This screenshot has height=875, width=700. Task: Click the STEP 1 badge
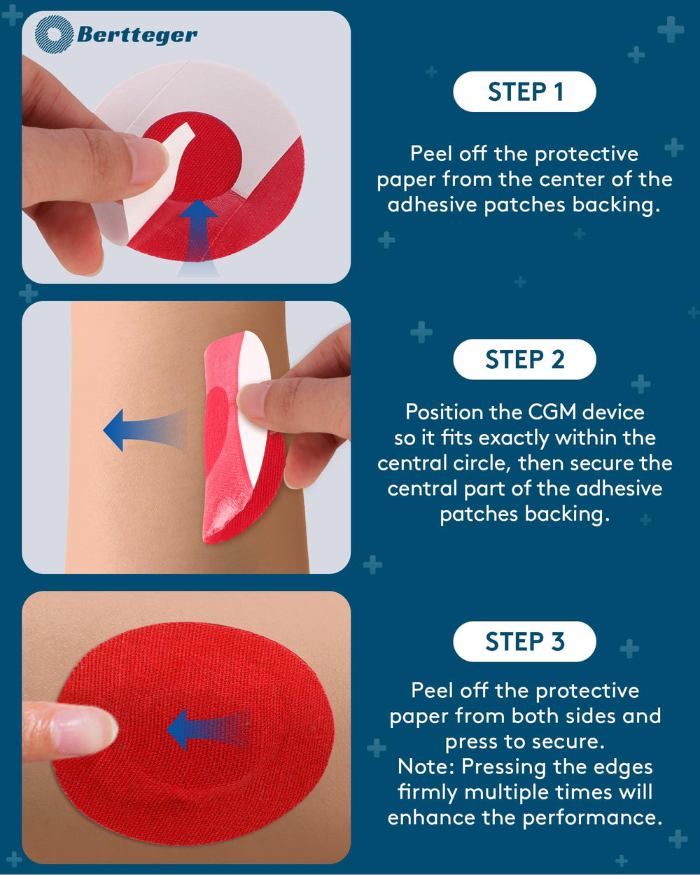pos(524,92)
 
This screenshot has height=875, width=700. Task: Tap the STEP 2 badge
pos(524,359)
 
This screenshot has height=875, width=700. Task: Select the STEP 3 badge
pos(524,642)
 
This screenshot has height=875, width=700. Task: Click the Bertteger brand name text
pos(137,35)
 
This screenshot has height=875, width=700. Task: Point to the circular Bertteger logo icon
pos(54,34)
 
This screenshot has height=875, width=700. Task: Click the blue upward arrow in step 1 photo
pos(199,236)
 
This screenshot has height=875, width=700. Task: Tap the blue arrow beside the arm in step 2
pos(145,430)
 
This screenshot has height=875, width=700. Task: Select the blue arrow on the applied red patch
pos(209,730)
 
